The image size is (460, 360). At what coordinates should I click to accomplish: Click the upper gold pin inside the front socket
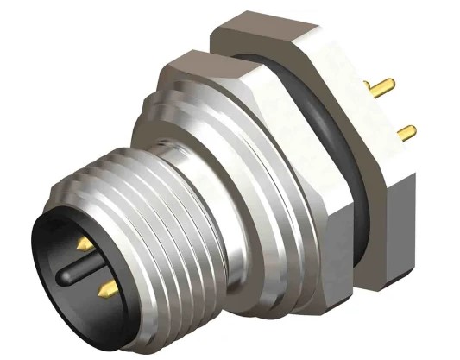85,245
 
